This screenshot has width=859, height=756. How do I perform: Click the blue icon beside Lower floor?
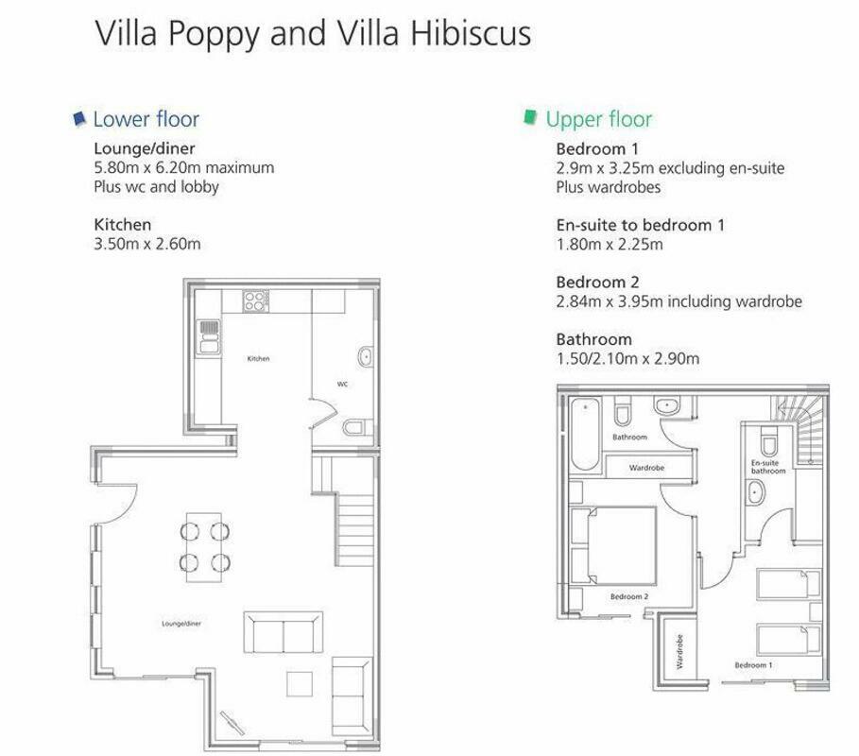coord(80,118)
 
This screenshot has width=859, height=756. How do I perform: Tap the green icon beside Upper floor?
coord(530,117)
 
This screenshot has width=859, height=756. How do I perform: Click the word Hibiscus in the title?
coord(471,33)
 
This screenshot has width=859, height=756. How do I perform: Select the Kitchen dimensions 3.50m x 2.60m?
coord(147,243)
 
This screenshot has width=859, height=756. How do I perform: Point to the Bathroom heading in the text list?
coord(593,339)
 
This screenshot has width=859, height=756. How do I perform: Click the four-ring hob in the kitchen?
coord(256,301)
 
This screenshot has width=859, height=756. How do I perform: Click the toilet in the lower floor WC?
coord(357,427)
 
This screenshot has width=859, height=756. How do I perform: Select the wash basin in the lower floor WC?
coord(366,357)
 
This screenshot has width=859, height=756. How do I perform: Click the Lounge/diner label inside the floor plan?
coord(181,624)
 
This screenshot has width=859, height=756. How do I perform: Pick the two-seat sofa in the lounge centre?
coord(283,632)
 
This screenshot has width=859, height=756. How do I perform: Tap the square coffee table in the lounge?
coord(300,683)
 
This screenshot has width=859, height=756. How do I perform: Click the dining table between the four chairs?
coord(204,547)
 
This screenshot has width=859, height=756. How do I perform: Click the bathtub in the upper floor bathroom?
coord(585,434)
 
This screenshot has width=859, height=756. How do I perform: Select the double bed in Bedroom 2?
coord(621,545)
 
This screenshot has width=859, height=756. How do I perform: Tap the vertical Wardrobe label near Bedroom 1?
coord(679,651)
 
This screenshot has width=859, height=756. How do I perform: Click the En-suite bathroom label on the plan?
coord(768,467)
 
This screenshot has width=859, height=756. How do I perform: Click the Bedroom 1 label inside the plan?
coord(753,665)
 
